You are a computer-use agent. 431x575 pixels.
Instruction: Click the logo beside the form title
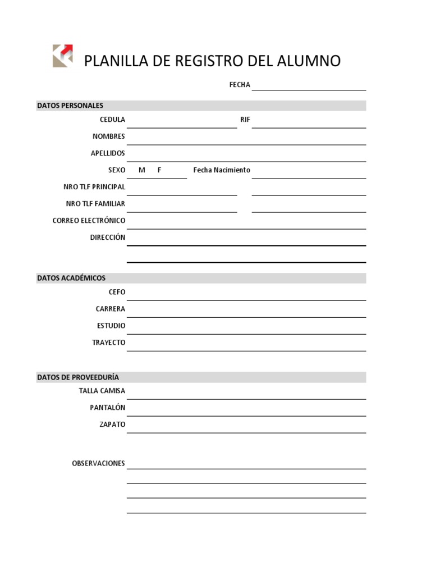pyautogui.click(x=63, y=56)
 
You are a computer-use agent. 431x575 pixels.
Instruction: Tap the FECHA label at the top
pyautogui.click(x=240, y=85)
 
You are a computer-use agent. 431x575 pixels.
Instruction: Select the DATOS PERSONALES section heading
pyautogui.click(x=70, y=106)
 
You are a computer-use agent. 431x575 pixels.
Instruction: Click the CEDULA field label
pyautogui.click(x=112, y=120)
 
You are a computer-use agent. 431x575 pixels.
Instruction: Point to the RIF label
pyautogui.click(x=245, y=120)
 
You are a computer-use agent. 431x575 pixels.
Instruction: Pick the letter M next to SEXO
pyautogui.click(x=141, y=170)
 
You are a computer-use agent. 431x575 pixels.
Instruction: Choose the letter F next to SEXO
pyautogui.click(x=159, y=170)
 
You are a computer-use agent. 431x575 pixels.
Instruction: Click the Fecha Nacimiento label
pyautogui.click(x=222, y=170)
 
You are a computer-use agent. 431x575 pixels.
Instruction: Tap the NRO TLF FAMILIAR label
pyautogui.click(x=95, y=204)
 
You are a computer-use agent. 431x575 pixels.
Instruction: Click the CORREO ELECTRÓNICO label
pyautogui.click(x=89, y=221)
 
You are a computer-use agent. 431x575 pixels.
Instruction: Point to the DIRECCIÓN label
pyautogui.click(x=108, y=238)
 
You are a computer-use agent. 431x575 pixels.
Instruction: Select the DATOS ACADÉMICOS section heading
pyautogui.click(x=71, y=278)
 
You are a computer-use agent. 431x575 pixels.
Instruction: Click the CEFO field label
pyautogui.click(x=117, y=292)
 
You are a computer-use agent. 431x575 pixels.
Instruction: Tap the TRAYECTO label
pyautogui.click(x=109, y=343)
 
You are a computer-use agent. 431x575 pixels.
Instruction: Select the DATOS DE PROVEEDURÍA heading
pyautogui.click(x=78, y=377)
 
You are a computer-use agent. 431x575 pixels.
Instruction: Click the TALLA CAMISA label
pyautogui.click(x=102, y=391)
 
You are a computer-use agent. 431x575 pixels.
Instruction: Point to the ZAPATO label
pyautogui.click(x=112, y=425)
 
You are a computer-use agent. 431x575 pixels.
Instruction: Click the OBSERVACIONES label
pyautogui.click(x=99, y=464)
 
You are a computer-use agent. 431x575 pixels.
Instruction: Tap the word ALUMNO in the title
pyautogui.click(x=309, y=61)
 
